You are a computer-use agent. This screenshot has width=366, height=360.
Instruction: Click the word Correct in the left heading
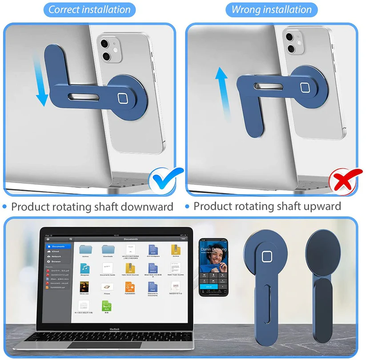67,10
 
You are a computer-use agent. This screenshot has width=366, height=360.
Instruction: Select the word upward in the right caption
319,207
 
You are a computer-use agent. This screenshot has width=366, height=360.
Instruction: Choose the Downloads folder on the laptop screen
108,249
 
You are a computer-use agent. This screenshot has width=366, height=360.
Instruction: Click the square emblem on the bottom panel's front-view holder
266,257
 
